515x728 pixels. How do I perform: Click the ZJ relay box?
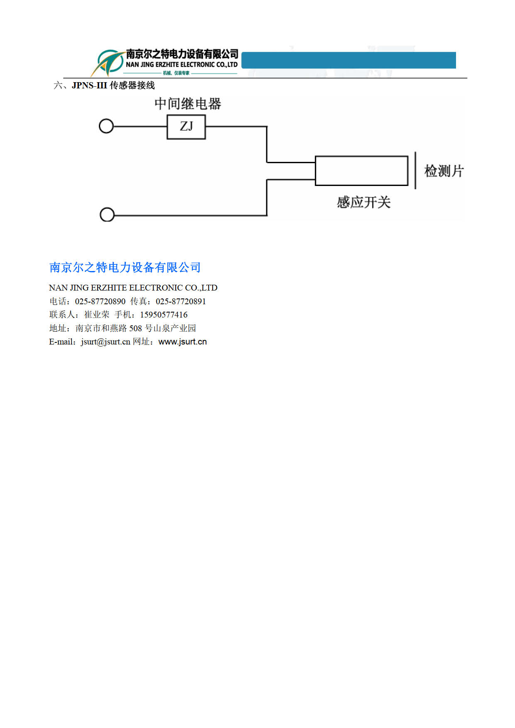click(x=186, y=127)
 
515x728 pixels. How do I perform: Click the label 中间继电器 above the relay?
click(x=188, y=104)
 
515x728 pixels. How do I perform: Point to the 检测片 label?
click(x=444, y=171)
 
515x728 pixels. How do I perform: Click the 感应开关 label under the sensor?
click(x=364, y=203)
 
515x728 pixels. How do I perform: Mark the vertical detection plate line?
click(x=415, y=170)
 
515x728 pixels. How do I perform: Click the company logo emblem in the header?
click(x=107, y=63)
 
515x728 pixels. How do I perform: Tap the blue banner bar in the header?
click(x=348, y=60)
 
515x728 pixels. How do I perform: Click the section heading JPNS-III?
click(x=89, y=86)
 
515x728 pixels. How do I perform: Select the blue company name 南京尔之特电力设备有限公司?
click(x=125, y=268)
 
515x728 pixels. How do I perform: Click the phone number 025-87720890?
click(x=100, y=301)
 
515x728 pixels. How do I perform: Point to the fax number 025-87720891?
click(x=181, y=301)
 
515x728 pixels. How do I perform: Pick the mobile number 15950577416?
click(x=164, y=315)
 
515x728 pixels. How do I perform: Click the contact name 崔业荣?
click(x=97, y=315)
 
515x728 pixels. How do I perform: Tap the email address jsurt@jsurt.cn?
click(x=105, y=342)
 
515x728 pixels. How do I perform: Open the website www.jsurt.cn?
click(x=183, y=342)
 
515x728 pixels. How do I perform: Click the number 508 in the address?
click(x=135, y=328)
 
